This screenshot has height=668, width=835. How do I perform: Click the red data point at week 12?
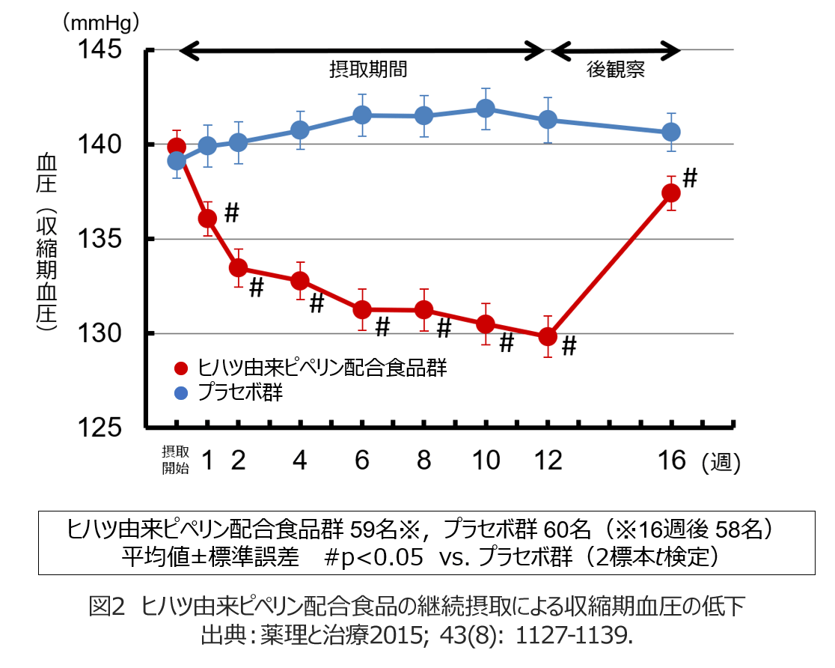pos(548,336)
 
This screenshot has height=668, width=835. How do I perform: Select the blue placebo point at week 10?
pos(486,109)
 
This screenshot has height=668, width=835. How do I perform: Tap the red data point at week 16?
pos(671,192)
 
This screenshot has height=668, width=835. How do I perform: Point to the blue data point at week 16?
pos(671,132)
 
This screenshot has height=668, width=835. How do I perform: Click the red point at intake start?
pos(177,146)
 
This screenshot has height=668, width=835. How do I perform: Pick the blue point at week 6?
pos(362,115)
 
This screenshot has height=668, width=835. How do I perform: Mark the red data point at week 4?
pos(300,281)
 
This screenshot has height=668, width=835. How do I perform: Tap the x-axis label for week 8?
pos(423,461)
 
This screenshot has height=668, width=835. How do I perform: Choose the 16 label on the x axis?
pos(672,461)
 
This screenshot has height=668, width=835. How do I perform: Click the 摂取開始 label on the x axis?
pos(176,460)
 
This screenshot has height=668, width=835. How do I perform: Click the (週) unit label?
pos(721,463)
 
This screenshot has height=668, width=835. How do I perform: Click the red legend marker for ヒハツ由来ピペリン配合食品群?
pos(180,368)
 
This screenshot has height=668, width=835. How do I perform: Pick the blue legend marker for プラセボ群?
pos(180,393)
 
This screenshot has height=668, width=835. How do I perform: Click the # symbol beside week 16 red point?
pos(690,178)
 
